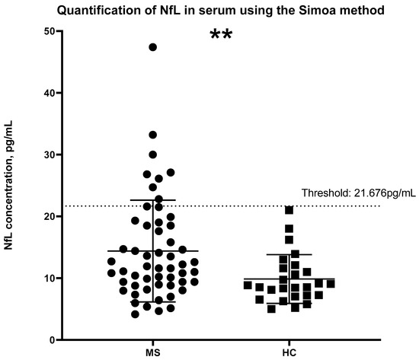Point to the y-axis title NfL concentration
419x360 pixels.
click(x=8, y=186)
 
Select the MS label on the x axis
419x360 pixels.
click(x=153, y=353)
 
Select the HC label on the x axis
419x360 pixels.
click(x=289, y=353)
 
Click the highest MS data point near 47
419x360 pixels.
click(x=153, y=47)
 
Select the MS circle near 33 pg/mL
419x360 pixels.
click(x=153, y=135)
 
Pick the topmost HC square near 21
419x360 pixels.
click(x=289, y=209)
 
